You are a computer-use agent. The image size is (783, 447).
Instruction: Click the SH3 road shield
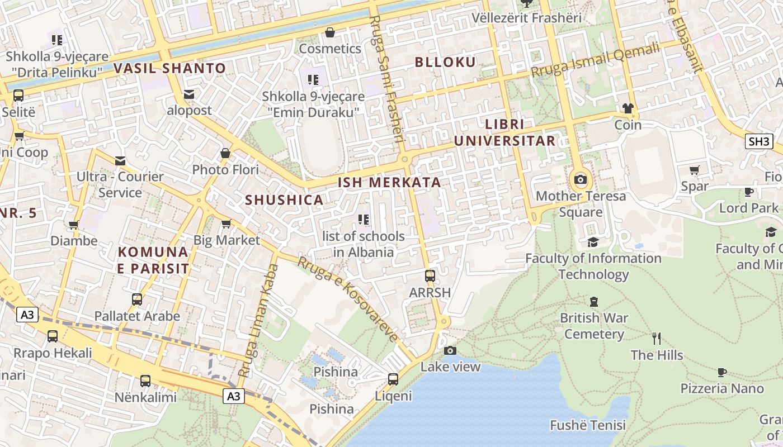click(758, 141)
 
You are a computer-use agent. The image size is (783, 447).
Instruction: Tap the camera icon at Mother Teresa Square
click(581, 179)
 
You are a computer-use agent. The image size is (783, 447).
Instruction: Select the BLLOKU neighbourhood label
click(445, 62)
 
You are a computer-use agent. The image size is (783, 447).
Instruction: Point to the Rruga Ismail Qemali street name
click(595, 60)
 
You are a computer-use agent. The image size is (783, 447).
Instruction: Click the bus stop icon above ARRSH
click(430, 275)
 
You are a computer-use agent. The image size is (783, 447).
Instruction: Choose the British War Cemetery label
click(593, 326)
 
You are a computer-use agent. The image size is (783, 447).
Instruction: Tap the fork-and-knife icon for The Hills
click(657, 338)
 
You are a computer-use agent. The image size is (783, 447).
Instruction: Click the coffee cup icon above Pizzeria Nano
click(721, 372)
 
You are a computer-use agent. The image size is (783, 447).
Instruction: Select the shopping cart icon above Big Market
click(226, 224)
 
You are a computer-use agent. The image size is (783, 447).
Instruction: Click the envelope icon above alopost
click(189, 94)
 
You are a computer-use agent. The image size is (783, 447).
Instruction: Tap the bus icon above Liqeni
click(393, 379)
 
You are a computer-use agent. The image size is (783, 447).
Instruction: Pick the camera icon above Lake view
click(450, 350)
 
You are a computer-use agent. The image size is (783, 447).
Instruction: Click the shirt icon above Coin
click(628, 108)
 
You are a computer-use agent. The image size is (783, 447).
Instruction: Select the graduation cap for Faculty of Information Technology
click(593, 242)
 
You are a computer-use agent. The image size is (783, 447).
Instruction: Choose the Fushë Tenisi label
click(587, 425)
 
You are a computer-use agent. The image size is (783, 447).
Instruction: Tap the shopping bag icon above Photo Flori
click(225, 153)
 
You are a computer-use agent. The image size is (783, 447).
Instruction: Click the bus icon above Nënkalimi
click(145, 381)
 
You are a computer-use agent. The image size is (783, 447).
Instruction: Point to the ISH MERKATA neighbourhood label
click(389, 183)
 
